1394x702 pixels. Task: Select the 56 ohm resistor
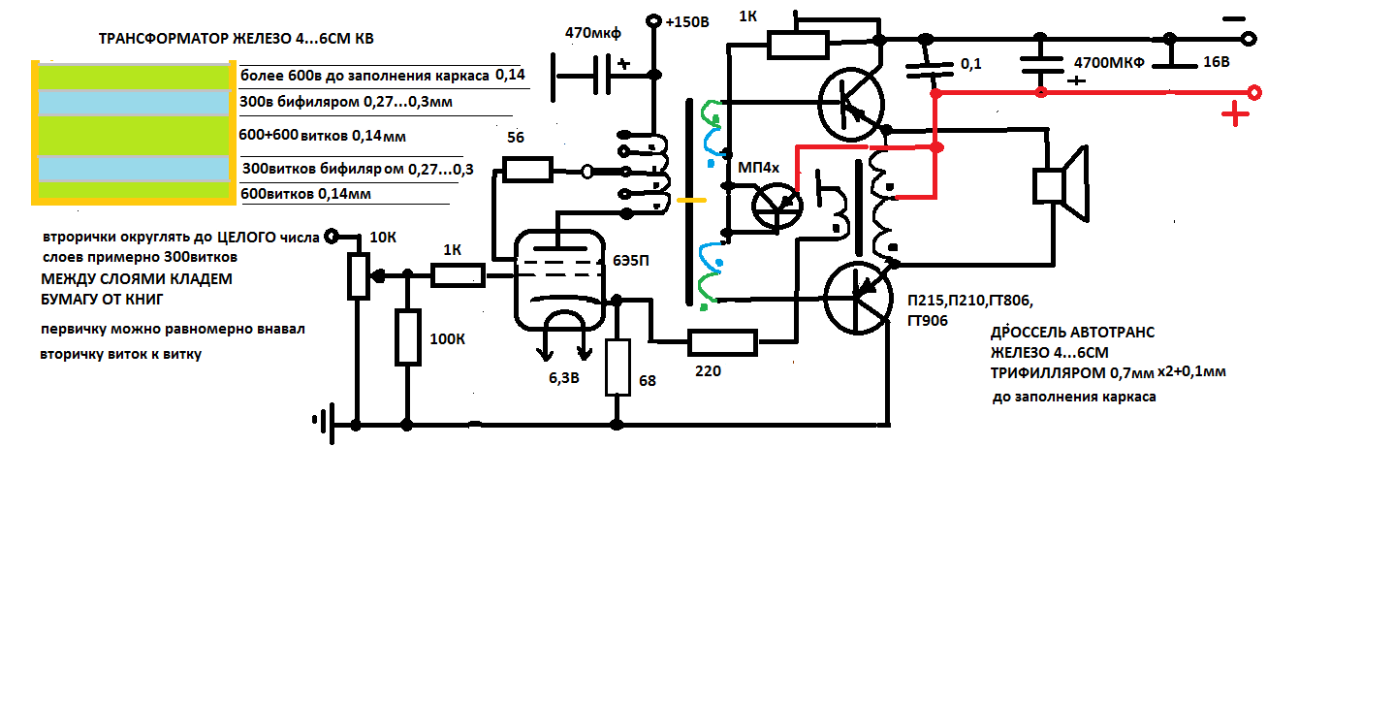pos(526,171)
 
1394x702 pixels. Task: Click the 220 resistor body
pos(722,341)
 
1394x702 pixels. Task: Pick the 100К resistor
pos(407,336)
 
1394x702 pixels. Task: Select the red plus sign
pos(1235,117)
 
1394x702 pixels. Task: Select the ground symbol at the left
pos(323,420)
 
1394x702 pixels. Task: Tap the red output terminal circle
pos(1254,93)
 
